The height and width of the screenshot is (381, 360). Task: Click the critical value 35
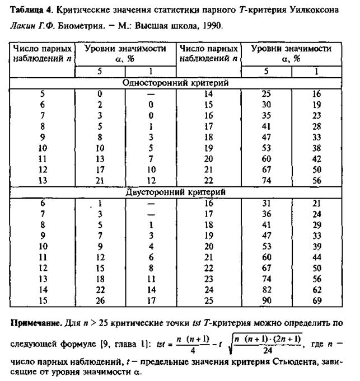[267, 115]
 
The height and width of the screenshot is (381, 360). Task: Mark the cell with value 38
[316, 148]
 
